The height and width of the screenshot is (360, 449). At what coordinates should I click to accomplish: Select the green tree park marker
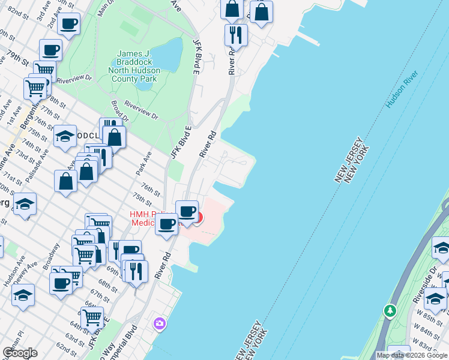point(390,311)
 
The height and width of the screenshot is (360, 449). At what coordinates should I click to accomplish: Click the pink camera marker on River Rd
point(159,323)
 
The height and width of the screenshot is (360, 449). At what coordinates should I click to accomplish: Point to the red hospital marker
point(198,217)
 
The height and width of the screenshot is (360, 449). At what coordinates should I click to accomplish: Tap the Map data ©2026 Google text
point(412,355)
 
